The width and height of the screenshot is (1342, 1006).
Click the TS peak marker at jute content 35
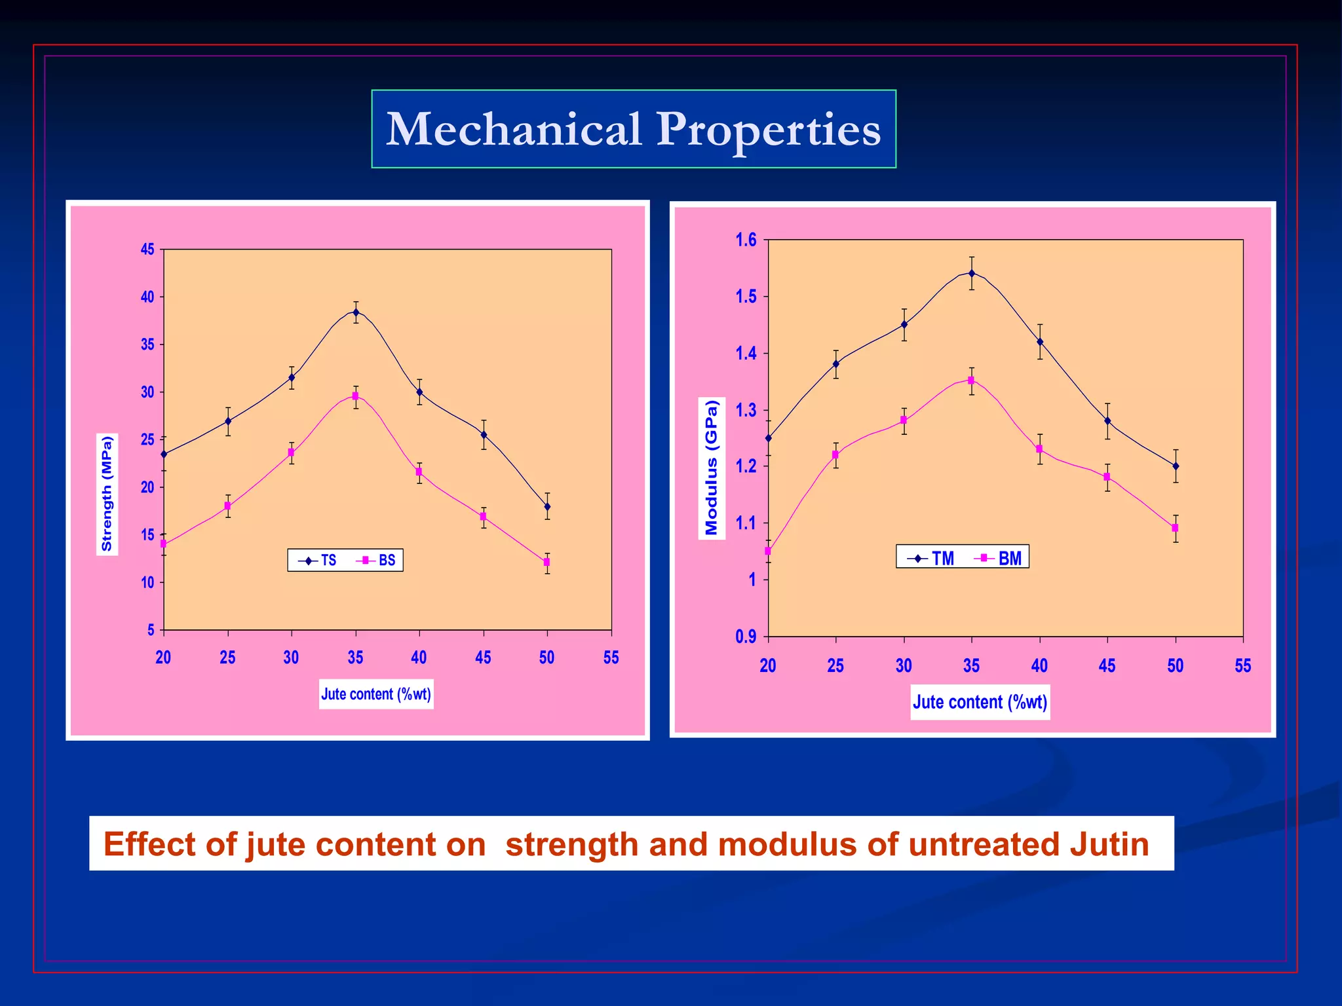point(356,312)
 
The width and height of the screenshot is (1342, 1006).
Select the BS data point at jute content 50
point(546,562)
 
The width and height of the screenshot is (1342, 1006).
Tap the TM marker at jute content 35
point(972,273)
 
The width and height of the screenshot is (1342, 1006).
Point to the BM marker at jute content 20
point(768,551)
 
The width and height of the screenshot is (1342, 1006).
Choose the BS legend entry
point(377,561)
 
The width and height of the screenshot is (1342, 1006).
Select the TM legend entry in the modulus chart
point(932,558)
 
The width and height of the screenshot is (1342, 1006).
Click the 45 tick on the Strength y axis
point(148,250)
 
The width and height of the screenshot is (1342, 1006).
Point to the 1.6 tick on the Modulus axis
point(746,240)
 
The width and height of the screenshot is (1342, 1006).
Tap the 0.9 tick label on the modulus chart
point(746,636)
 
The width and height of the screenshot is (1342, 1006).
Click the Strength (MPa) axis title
point(107,494)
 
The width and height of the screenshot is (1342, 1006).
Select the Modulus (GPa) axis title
point(712,468)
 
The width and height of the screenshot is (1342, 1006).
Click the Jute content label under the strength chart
point(376,694)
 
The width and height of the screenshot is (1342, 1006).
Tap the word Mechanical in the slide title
point(513,129)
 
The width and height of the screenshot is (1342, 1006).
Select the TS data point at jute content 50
point(547,506)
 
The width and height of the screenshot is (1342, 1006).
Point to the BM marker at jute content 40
point(1039,449)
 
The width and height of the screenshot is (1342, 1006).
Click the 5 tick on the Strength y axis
point(151,630)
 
